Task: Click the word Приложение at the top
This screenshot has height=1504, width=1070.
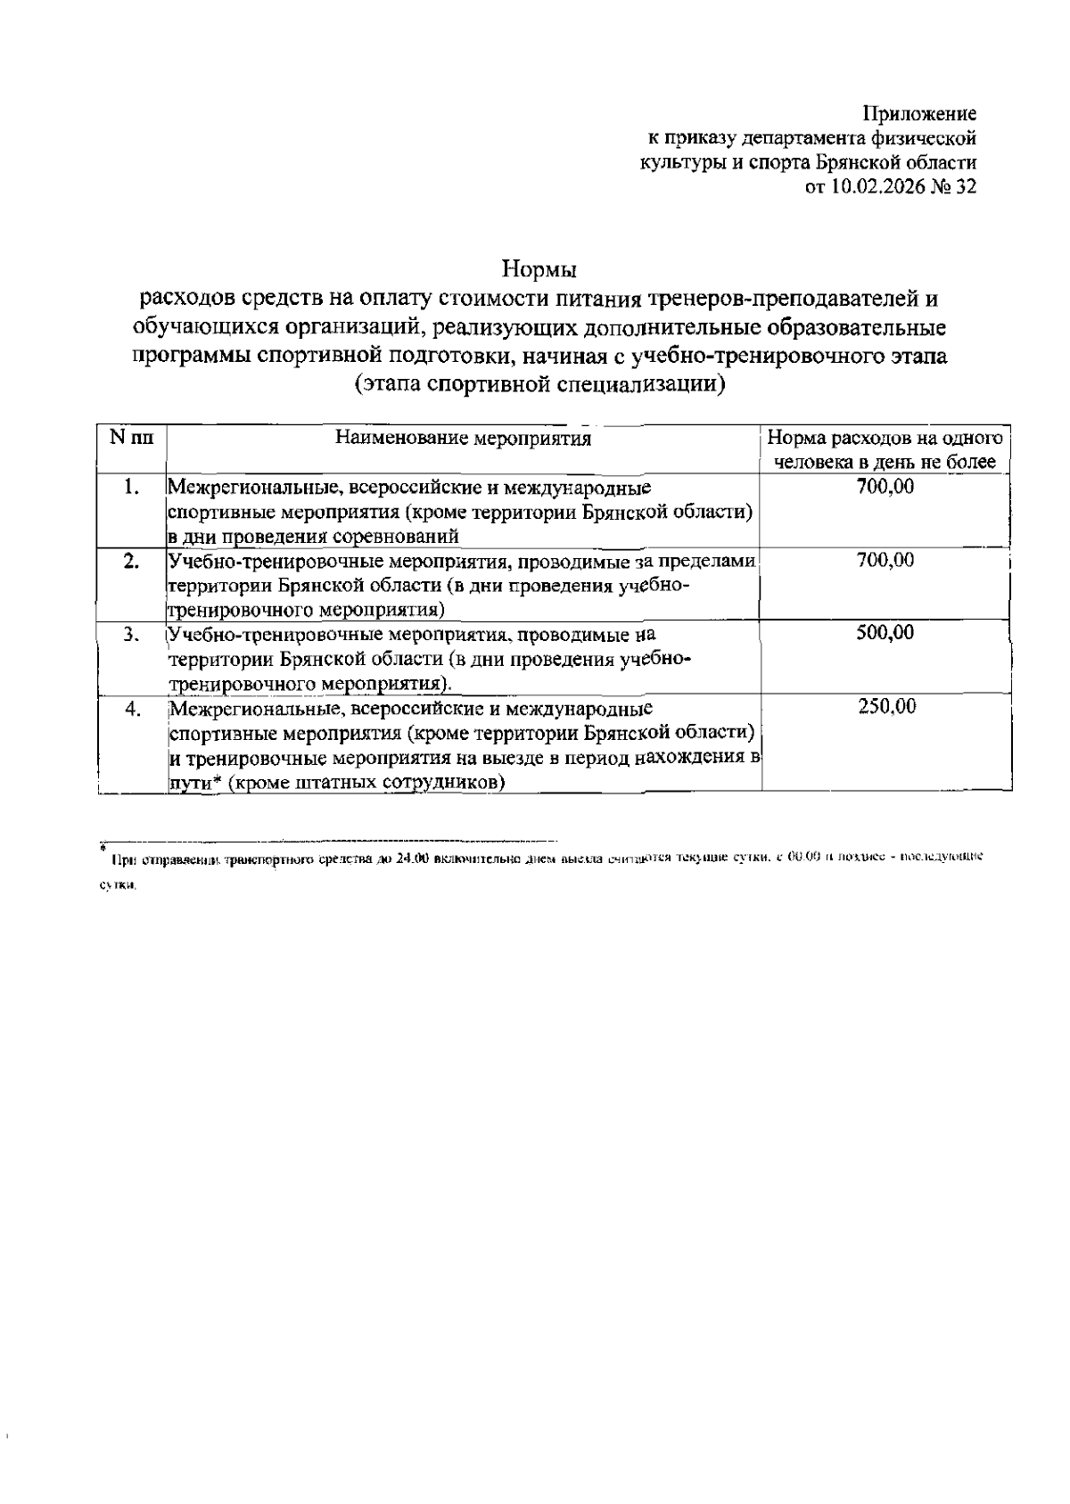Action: (x=919, y=114)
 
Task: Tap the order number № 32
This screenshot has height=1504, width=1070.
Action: (x=954, y=187)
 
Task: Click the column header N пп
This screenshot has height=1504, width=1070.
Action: (x=131, y=438)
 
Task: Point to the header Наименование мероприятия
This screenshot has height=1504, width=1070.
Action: (x=463, y=439)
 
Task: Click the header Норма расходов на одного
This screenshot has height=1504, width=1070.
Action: (x=885, y=439)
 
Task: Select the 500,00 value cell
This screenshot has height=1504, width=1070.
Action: (x=885, y=633)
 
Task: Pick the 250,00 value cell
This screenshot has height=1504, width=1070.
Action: (x=885, y=707)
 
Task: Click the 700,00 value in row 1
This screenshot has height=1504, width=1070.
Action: (x=885, y=487)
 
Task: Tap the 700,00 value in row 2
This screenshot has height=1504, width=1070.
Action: (x=885, y=560)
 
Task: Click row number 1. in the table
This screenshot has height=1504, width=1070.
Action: (x=132, y=487)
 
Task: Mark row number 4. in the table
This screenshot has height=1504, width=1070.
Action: (x=132, y=709)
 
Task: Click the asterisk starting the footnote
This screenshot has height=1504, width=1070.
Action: (x=103, y=845)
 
